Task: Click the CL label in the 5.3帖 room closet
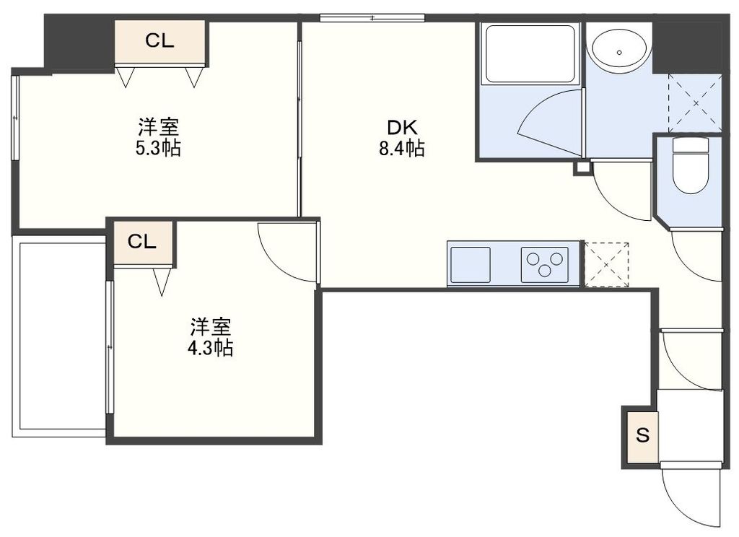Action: click(x=159, y=41)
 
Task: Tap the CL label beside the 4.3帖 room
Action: click(x=142, y=242)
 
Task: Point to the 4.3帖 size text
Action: click(x=211, y=349)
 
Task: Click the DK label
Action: click(x=402, y=128)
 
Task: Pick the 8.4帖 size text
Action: click(x=402, y=149)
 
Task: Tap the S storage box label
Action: click(x=642, y=435)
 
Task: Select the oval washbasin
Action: click(x=618, y=48)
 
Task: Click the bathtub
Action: click(x=530, y=54)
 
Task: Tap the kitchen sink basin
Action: click(x=471, y=264)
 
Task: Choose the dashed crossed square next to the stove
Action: click(x=605, y=265)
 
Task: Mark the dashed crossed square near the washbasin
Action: click(x=695, y=102)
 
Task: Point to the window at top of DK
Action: click(x=372, y=17)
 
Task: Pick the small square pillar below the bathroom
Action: click(x=582, y=169)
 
